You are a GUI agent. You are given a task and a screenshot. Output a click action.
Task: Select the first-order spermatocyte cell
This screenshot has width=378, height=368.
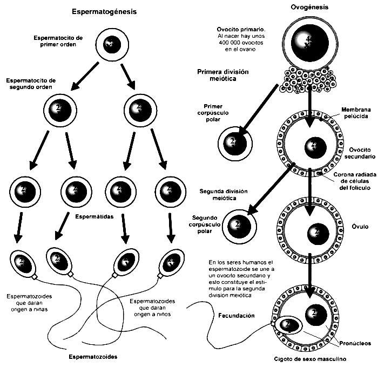click(x=111, y=44)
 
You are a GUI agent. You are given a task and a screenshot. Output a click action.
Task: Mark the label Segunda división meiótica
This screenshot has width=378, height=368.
click(x=218, y=195)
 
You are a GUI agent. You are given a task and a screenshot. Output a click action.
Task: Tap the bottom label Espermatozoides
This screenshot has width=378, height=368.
click(x=93, y=357)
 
